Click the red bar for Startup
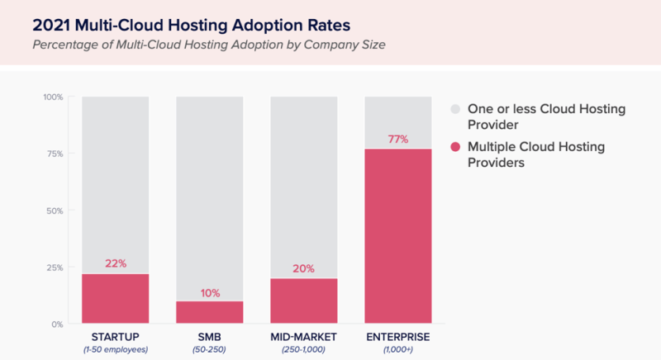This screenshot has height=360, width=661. tap(115, 298)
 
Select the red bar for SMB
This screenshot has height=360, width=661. tap(209, 312)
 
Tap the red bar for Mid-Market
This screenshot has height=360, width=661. tap(303, 301)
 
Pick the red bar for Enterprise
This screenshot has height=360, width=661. tap(398, 236)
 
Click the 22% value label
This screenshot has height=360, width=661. tap(115, 263)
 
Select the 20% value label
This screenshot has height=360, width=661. tap(303, 268)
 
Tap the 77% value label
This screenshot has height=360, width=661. tap(398, 139)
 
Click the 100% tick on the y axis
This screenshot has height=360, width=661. tap(52, 97)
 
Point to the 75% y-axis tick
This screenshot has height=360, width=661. tap(54, 154)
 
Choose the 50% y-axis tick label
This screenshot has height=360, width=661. tap(54, 211)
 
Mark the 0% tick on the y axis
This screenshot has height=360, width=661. tap(57, 324)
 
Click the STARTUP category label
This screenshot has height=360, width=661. tap(115, 336)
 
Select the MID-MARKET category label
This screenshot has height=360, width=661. tap(303, 336)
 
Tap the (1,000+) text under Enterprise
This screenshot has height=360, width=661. tap(398, 349)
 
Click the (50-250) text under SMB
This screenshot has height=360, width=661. tap(209, 349)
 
